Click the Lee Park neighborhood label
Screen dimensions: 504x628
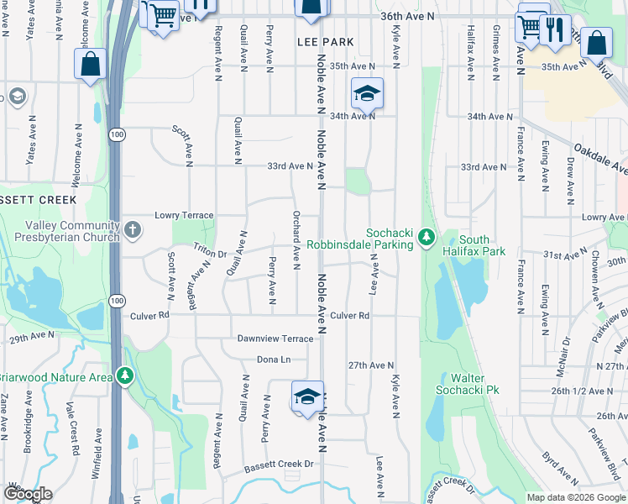click(325, 42)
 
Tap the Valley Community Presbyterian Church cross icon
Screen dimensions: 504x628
click(133, 228)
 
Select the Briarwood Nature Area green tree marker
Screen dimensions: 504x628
click(125, 375)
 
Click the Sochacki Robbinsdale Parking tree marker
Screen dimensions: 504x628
click(427, 239)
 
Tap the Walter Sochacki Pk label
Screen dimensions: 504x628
click(468, 384)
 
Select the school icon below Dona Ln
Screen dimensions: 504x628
click(308, 396)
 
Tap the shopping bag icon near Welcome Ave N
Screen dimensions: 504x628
click(90, 64)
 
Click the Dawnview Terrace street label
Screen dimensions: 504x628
click(275, 339)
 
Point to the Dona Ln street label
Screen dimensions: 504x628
click(274, 360)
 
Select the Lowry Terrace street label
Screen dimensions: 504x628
click(184, 216)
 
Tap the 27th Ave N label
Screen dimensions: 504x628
click(370, 365)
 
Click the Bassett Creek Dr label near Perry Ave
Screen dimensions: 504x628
click(279, 465)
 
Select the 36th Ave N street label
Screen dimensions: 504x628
click(408, 16)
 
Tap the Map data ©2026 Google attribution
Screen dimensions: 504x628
click(576, 497)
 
